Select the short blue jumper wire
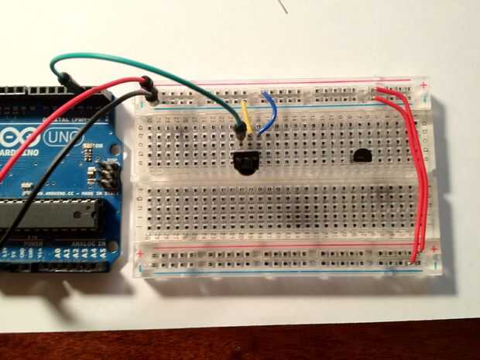[x=270, y=112]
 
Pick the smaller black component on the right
[x=362, y=156]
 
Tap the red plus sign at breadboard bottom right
[x=434, y=249]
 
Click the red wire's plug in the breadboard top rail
[x=145, y=82]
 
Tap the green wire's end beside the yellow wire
[x=241, y=132]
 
